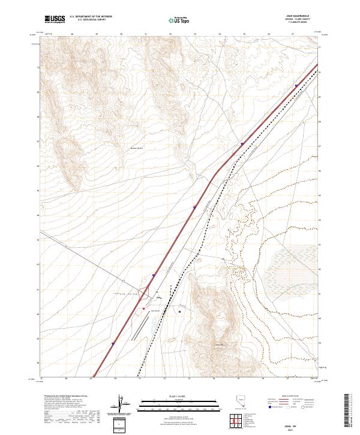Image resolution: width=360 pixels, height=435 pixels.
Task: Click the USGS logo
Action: pos(55,19)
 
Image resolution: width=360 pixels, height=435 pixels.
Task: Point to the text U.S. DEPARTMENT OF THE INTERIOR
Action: pos(91,17)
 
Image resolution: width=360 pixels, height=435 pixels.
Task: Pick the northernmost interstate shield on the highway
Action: pos(296,86)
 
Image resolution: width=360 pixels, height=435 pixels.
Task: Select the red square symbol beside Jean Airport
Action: pos(144,309)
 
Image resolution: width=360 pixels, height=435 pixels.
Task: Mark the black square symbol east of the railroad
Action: pos(180,311)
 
